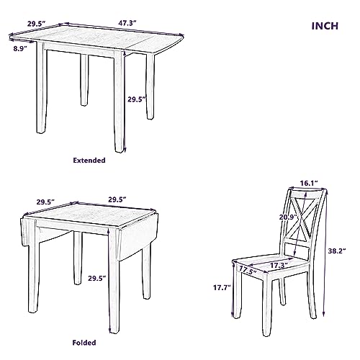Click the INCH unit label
coord(325,27)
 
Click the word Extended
coord(90,160)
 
